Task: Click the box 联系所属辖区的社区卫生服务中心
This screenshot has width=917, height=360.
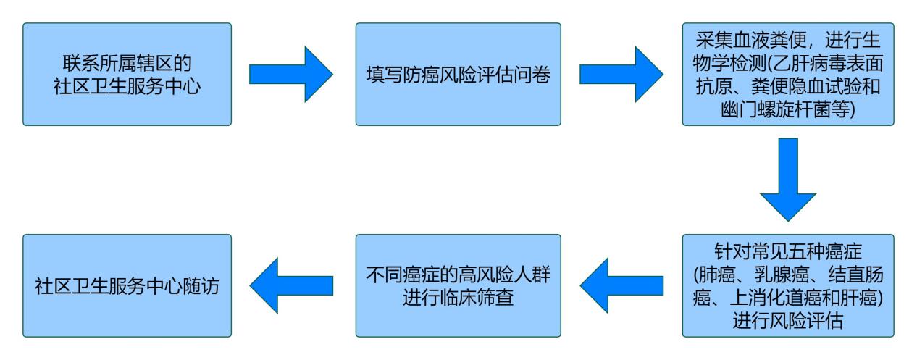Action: point(127,74)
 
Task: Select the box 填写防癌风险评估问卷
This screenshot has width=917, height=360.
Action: point(458,74)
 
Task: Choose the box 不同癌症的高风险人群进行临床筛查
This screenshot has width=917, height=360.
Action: point(458,285)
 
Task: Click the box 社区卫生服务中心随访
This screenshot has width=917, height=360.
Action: point(127,285)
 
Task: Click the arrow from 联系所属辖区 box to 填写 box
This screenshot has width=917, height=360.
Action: point(290,74)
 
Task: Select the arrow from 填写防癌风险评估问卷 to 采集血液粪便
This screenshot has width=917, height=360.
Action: point(621,74)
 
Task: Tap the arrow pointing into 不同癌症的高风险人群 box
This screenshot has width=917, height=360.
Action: point(621,285)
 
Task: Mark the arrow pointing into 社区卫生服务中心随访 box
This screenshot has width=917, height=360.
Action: point(290,285)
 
